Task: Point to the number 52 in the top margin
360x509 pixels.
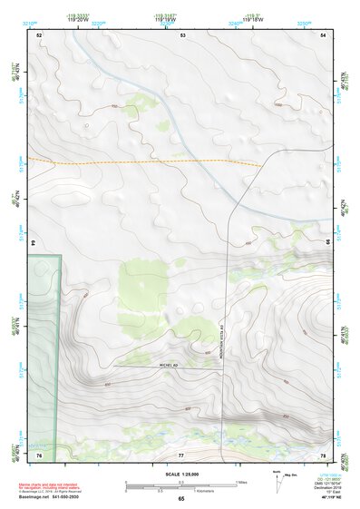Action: (x=39, y=34)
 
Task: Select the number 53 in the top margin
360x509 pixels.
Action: (x=182, y=34)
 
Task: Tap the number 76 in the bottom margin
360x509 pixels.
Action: (x=39, y=455)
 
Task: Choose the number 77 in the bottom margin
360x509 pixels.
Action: (x=181, y=455)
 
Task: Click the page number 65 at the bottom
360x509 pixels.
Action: (x=180, y=499)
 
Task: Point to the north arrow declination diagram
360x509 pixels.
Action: (x=279, y=477)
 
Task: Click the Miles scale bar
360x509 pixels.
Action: (x=181, y=483)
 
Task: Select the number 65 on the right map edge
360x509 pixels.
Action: (x=326, y=242)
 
